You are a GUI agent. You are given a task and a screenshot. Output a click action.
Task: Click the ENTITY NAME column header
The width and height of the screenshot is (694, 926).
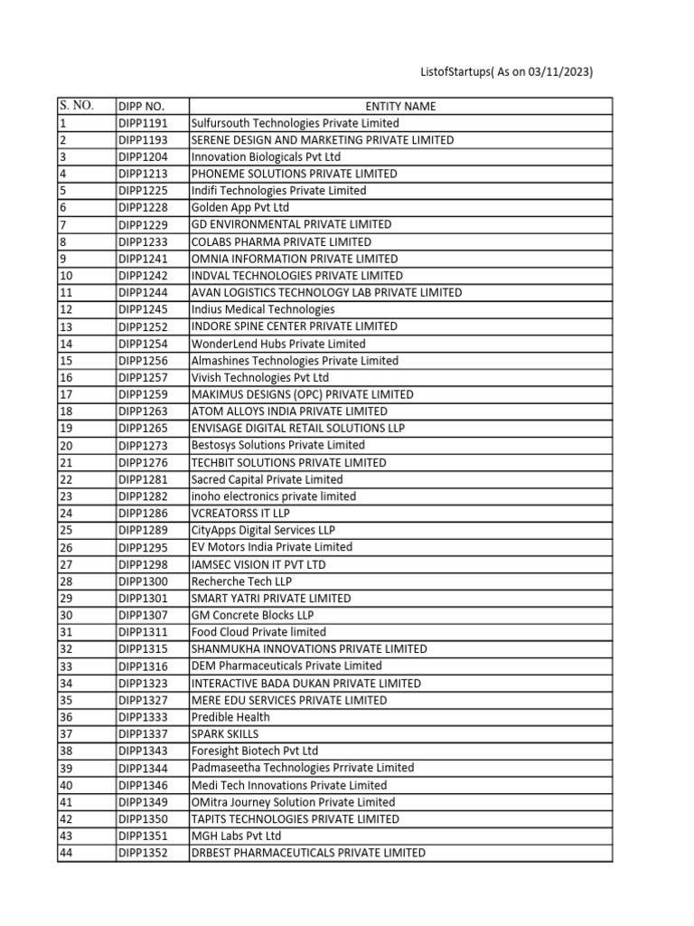pos(400,106)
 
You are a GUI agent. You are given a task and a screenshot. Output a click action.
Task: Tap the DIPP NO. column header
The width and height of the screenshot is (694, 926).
pos(141,106)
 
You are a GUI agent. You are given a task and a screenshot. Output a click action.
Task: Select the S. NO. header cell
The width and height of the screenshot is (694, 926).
pos(76,105)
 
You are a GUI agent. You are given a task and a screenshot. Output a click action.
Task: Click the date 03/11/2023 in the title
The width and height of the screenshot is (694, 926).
pos(556,72)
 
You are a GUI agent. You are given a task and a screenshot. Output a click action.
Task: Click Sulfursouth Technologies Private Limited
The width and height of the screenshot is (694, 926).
pos(295,123)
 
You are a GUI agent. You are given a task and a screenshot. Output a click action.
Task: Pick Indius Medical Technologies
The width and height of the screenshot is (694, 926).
pos(263,309)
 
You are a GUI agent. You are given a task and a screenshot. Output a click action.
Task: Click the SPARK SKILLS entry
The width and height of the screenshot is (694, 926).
pos(224,733)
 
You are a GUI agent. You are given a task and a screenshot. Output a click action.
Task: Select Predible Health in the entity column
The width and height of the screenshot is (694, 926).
pos(230,717)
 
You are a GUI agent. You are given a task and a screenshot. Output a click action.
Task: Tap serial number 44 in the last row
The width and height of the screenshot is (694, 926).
pos(66,853)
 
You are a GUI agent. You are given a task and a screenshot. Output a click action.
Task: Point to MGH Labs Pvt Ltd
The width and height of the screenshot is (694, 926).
pos(236,836)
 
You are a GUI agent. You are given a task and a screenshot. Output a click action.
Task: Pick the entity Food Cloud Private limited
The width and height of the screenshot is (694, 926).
pos(258,632)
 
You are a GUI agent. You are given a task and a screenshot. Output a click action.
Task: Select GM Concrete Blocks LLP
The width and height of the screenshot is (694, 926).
pos(252,615)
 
